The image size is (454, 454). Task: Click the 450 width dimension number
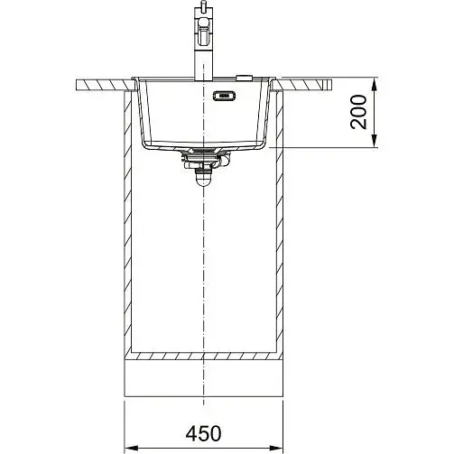203,433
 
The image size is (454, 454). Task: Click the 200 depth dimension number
359,112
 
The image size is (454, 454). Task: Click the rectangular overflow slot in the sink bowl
224,96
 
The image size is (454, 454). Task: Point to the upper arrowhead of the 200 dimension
374,85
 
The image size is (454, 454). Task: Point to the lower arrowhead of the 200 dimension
374,141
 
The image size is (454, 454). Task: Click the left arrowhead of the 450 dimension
131,448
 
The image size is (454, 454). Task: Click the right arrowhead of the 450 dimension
276,448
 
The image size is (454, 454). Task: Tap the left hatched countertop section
105,85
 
